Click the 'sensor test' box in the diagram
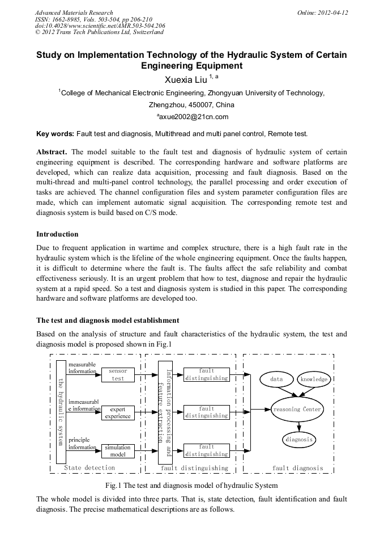118,375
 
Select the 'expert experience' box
118,412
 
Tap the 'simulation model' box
118,451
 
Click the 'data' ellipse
276,379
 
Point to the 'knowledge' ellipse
314,379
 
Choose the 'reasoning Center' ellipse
297,409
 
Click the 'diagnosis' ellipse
298,439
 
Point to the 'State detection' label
89,468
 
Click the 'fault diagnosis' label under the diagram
298,469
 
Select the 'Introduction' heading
57,234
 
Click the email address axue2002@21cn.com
192,117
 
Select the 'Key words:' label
54,134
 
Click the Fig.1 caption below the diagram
191,486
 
